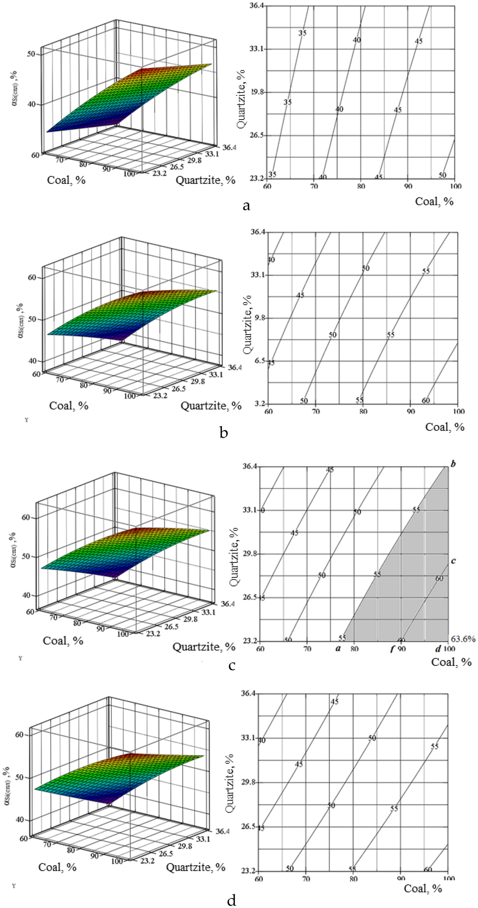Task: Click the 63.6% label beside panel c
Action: pos(463,639)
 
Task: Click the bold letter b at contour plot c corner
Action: pos(453,464)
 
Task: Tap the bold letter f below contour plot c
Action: pos(392,650)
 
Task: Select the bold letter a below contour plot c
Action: pos(338,649)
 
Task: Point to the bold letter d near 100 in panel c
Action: pos(438,649)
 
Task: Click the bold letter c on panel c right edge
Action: pos(453,561)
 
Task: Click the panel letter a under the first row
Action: pos(246,206)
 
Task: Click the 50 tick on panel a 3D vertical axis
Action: pos(31,54)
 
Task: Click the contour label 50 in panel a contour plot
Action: pos(443,175)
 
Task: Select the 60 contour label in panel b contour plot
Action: pos(426,401)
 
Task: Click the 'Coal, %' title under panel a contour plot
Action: pos(434,201)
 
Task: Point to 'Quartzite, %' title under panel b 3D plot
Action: pos(211,406)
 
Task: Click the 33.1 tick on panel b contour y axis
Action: pos(258,275)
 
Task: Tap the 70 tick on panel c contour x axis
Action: pos(307,649)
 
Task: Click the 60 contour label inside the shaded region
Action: pos(439,579)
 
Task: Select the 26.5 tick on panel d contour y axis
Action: pos(249,826)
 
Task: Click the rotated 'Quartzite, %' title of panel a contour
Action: pos(241,99)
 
